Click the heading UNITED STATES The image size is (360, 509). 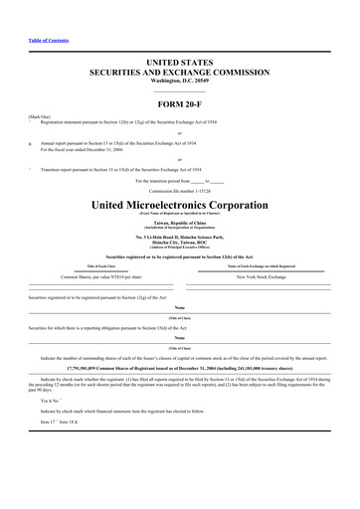point(180,63)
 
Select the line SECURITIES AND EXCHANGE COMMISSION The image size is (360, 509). point(180,73)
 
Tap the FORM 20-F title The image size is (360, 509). point(180,104)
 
